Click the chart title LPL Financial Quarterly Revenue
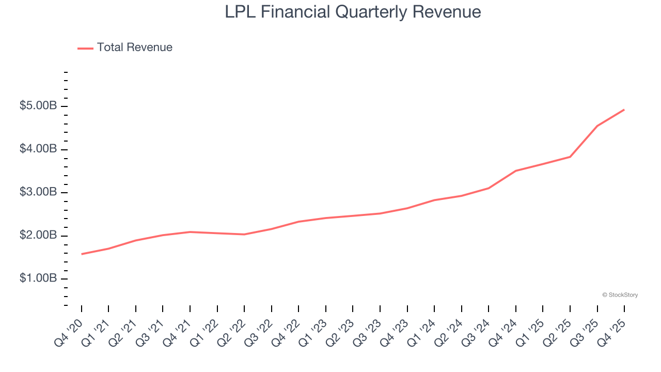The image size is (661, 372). (x=353, y=12)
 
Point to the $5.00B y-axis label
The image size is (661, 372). (x=38, y=106)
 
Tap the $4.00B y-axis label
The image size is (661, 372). (x=38, y=149)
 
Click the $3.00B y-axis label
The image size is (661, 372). (x=38, y=192)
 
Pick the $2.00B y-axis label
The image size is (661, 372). (x=38, y=235)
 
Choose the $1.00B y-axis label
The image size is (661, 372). (x=38, y=278)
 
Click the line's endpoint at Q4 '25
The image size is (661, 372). (x=624, y=110)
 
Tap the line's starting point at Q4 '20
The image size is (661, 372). (x=82, y=254)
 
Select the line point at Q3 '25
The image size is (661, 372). (x=597, y=126)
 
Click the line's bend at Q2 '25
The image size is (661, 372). (x=570, y=157)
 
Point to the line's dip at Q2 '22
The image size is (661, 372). (x=244, y=235)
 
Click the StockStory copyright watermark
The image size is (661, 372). (x=620, y=295)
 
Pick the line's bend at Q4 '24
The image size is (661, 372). (x=516, y=171)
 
